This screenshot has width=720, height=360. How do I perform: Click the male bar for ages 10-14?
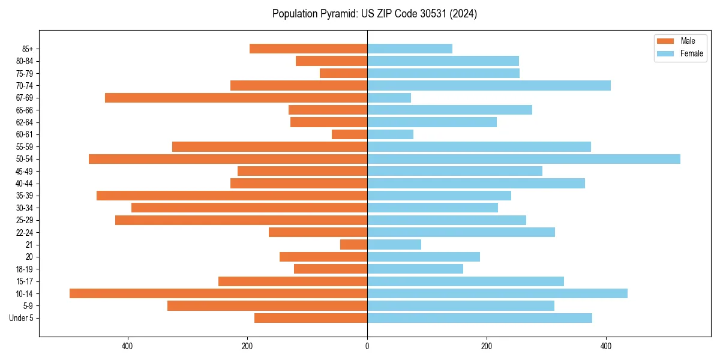tap(218, 293)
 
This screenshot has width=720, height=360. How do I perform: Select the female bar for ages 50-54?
tap(523, 159)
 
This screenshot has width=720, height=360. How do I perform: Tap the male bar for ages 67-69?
tap(236, 98)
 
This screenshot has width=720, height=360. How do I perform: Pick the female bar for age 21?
tap(394, 245)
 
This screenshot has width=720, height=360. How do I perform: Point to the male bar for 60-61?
tap(349, 134)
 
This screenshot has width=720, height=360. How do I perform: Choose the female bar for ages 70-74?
tap(488, 86)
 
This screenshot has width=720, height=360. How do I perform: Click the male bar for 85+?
tap(308, 49)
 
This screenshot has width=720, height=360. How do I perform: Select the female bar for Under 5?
tap(479, 318)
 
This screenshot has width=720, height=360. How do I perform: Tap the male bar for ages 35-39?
tap(232, 196)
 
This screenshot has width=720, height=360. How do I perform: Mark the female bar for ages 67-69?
tap(389, 98)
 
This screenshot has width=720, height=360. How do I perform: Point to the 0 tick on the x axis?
tap(367, 346)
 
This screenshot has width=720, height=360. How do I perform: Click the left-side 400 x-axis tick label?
tap(127, 346)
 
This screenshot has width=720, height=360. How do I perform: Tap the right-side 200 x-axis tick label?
tap(487, 346)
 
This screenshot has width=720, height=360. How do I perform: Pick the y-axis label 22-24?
tap(25, 233)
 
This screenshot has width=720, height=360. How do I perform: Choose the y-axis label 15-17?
tap(25, 281)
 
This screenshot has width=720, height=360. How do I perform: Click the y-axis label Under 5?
tap(21, 318)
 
